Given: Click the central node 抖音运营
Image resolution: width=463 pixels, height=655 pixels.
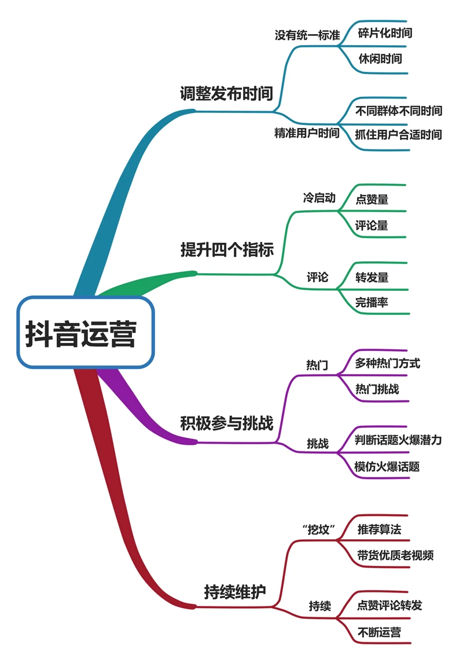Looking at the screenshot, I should [x=86, y=333].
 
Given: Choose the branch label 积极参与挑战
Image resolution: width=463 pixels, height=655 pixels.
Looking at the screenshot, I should [x=226, y=423].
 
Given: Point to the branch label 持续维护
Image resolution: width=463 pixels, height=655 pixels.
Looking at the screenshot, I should [x=235, y=592].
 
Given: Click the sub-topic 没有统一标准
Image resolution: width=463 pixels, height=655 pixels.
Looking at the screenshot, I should [x=307, y=35].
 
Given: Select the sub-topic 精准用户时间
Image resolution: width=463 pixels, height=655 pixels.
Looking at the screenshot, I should [x=307, y=134].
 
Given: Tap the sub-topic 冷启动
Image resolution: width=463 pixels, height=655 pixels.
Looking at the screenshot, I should [x=319, y=198].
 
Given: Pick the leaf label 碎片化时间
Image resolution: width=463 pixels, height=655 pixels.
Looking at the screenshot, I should [x=385, y=33].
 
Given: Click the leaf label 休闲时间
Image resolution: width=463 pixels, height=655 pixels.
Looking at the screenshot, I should [x=380, y=58].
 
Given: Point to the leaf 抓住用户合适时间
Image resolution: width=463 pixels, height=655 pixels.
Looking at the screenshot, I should [x=398, y=135].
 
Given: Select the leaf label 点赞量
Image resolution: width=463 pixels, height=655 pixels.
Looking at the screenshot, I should [x=372, y=199].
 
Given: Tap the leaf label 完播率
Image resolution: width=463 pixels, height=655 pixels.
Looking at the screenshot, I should [x=372, y=302].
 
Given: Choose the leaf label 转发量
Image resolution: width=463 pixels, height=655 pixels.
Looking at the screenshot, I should [x=372, y=277].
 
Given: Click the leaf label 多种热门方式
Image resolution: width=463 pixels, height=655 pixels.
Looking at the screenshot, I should [x=387, y=364].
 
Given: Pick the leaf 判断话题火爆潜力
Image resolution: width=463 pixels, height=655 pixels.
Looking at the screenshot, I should [x=398, y=440].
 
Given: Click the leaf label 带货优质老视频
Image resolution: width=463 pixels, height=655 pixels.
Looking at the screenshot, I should [x=395, y=555].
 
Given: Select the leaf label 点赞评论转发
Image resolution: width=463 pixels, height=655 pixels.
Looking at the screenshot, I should [x=389, y=606].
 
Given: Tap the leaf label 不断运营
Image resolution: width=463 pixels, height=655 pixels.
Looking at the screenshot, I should [x=379, y=632].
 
